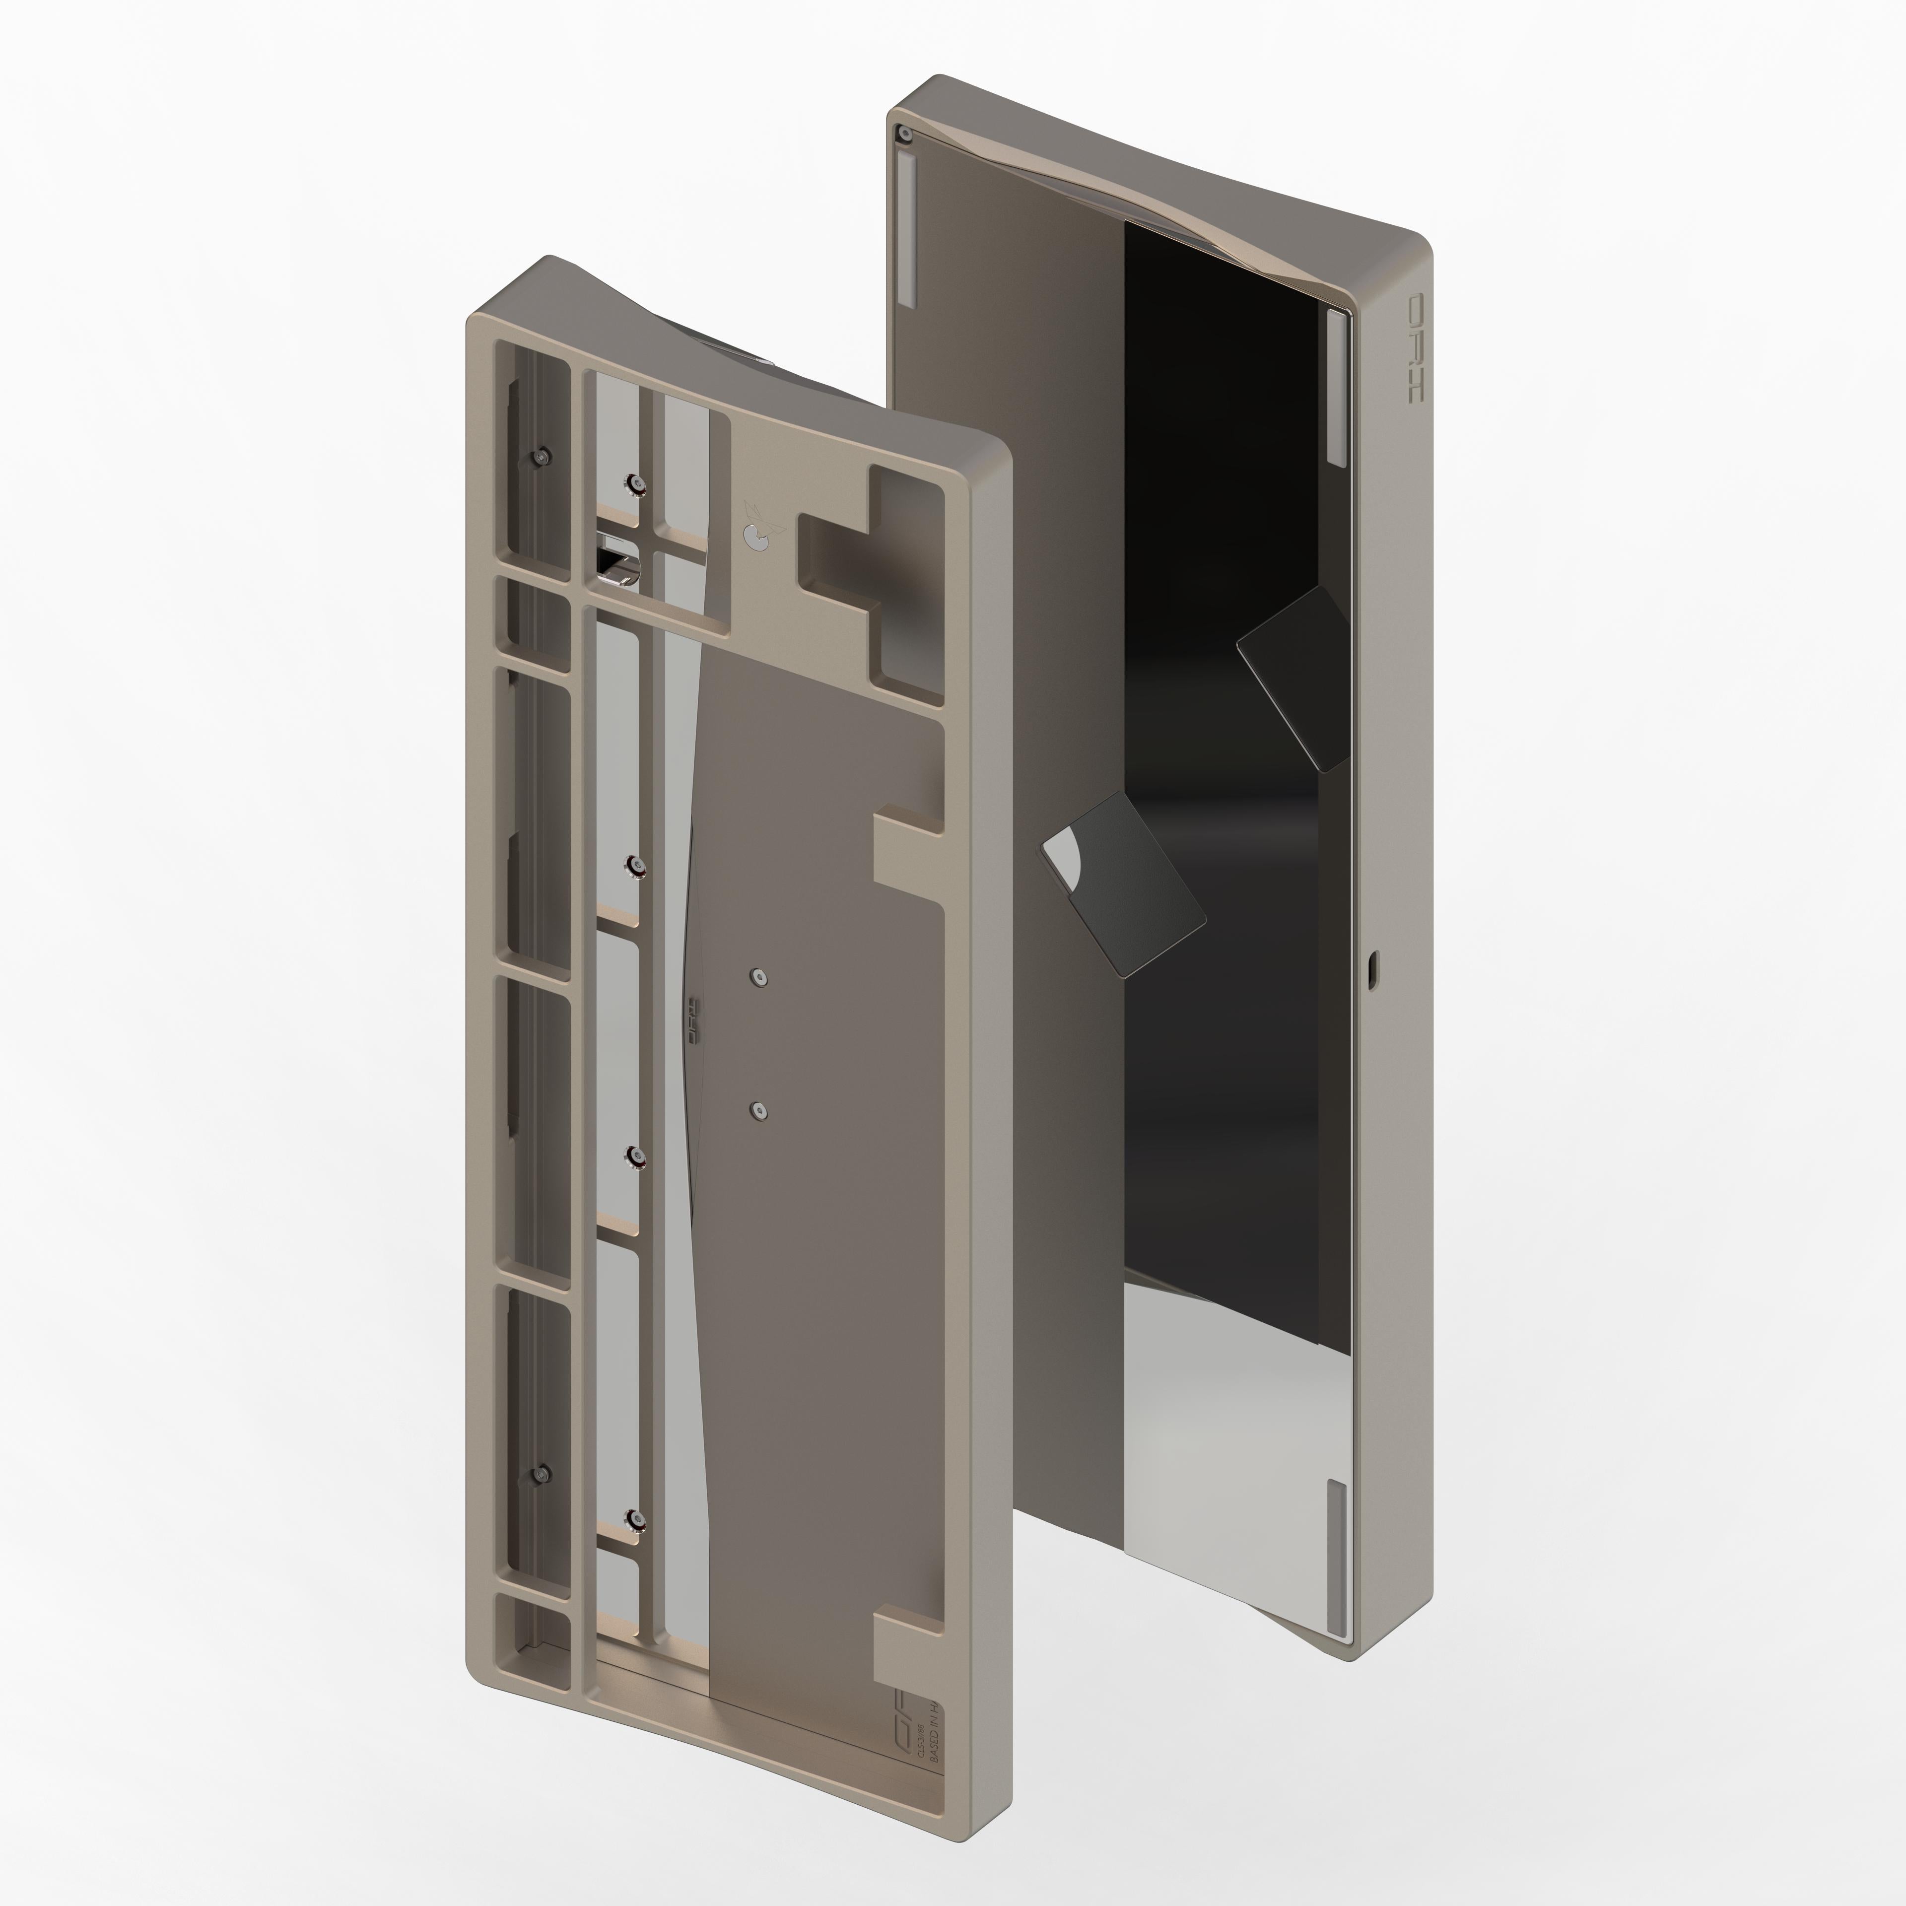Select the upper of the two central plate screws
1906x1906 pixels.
tap(757, 977)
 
